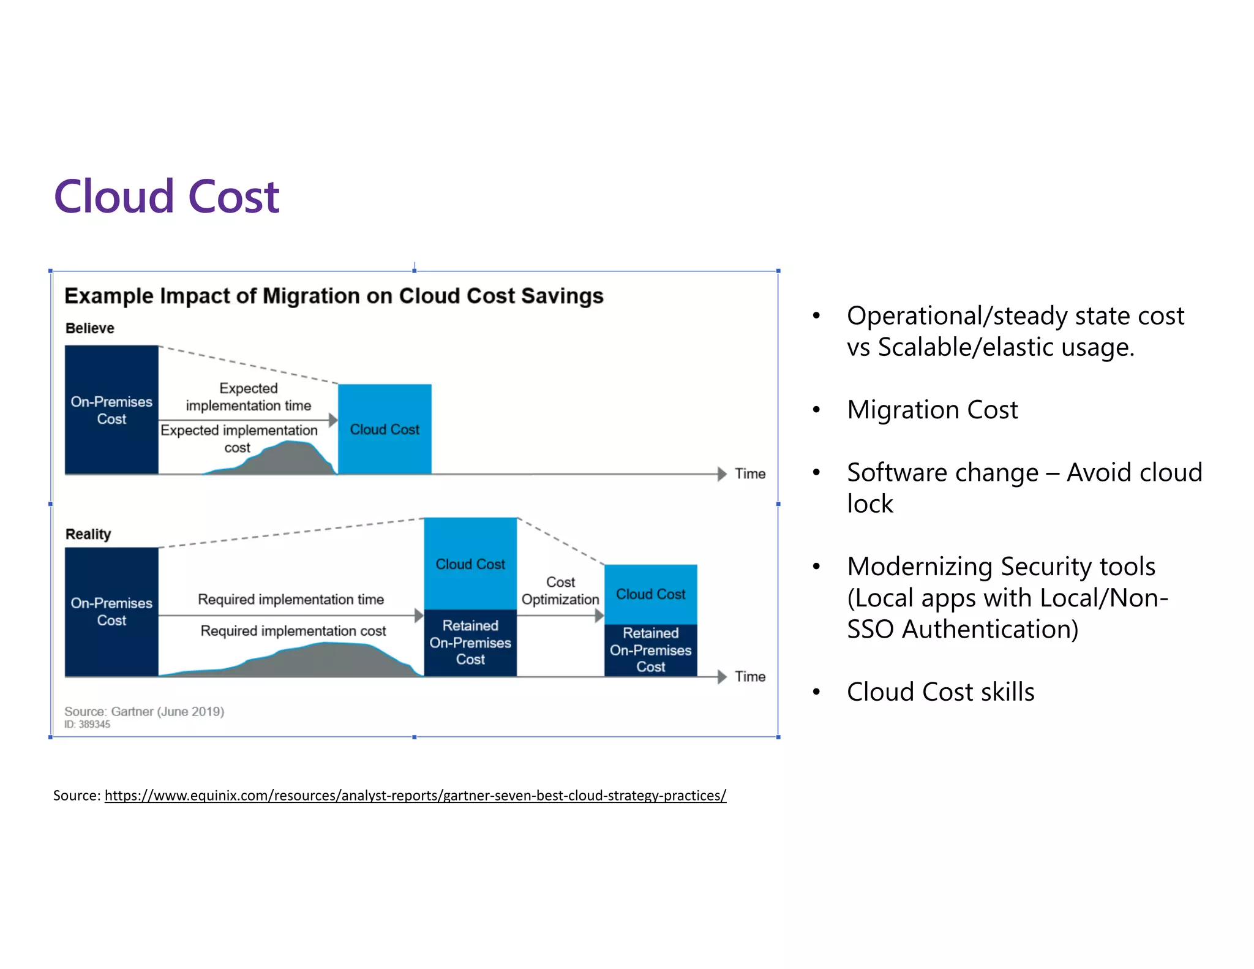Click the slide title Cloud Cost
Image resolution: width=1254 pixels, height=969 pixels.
click(x=166, y=197)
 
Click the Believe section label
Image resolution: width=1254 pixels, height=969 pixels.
click(x=89, y=328)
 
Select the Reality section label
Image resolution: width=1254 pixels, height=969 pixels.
click(x=88, y=534)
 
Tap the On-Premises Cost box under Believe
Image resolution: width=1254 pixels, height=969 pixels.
click(x=111, y=410)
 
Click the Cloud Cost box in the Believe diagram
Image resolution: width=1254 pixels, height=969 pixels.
click(x=385, y=429)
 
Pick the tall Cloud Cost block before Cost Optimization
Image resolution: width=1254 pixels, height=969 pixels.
click(x=470, y=564)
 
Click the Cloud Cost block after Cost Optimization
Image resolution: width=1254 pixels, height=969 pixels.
click(x=650, y=594)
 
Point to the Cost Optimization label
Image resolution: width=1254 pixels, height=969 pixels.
click(x=560, y=590)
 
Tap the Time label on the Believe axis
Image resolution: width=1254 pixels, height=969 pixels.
click(x=750, y=473)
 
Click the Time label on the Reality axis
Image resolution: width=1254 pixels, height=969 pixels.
click(x=750, y=676)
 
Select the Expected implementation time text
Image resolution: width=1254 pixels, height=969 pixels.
click(x=249, y=397)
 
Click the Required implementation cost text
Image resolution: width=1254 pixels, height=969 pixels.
click(x=293, y=631)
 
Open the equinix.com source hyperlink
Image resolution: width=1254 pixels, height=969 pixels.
click(x=415, y=795)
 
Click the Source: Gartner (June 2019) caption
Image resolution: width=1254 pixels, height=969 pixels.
click(x=145, y=711)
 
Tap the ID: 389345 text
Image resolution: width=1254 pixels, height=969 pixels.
click(x=87, y=724)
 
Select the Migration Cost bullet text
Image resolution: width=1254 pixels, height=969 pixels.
click(x=932, y=409)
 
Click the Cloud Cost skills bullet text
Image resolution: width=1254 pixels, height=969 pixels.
click(x=940, y=692)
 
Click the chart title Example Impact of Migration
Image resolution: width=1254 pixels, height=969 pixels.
click(x=334, y=296)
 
